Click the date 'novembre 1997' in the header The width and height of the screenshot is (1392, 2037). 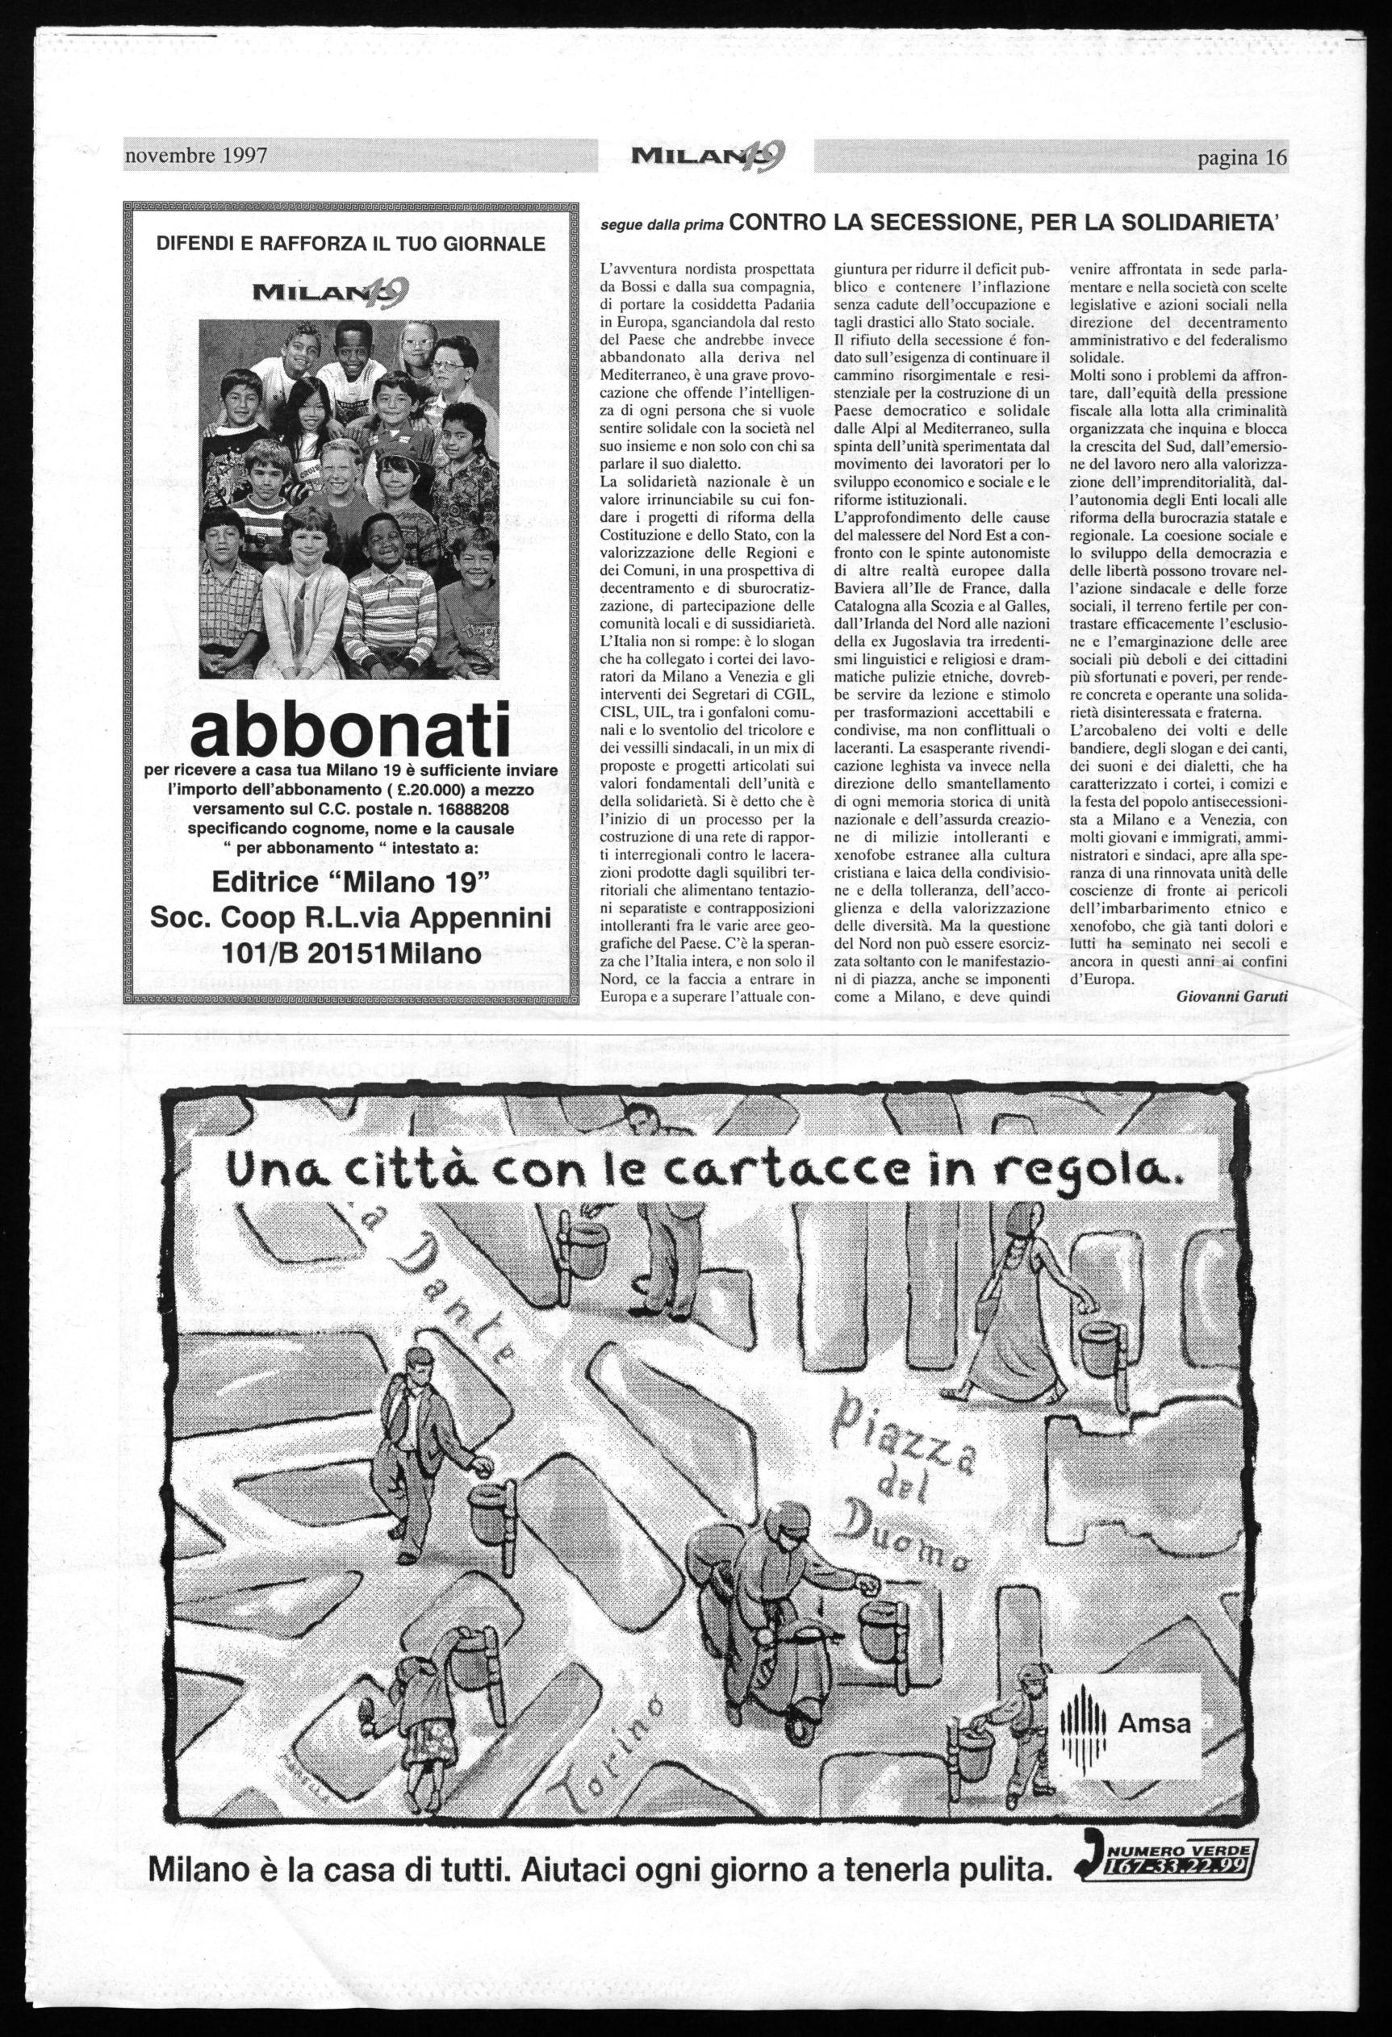point(195,157)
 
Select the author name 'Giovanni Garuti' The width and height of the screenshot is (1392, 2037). point(1231,996)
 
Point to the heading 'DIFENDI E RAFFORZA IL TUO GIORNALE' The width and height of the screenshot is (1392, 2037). point(351,243)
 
